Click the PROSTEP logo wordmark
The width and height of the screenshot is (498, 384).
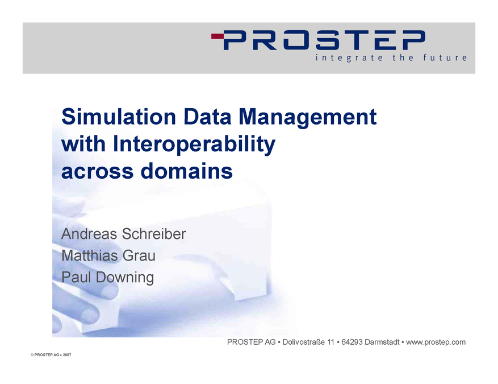[x=325, y=40]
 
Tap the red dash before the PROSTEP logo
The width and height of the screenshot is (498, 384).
[x=217, y=36]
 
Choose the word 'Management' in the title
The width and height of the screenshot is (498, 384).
[x=307, y=117]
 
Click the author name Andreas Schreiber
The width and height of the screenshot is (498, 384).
[x=123, y=234]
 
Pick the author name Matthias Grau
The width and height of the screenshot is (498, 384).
[x=108, y=255]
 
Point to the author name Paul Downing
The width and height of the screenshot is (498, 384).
[x=107, y=277]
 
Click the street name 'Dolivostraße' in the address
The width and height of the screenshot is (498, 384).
[x=304, y=342]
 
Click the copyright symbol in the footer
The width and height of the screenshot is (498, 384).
[x=32, y=354]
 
